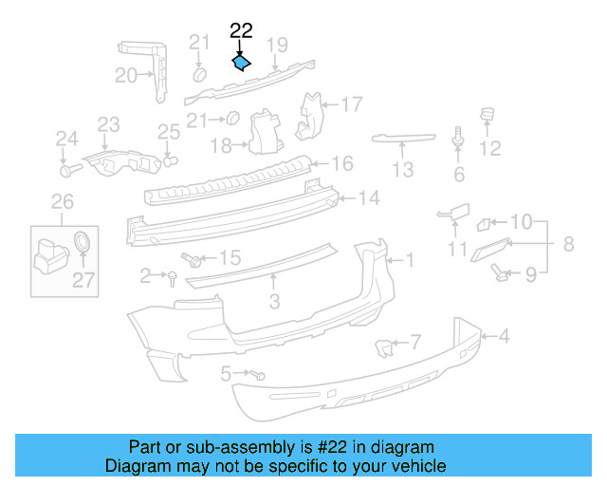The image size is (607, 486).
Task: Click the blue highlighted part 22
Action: (x=241, y=64)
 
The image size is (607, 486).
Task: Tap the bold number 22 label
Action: (x=241, y=31)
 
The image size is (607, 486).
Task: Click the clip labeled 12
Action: (x=489, y=119)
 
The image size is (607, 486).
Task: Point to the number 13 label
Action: (x=403, y=170)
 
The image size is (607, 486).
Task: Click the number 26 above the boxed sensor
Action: (x=61, y=201)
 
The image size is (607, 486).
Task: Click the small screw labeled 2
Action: (x=172, y=276)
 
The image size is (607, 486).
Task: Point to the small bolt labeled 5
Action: (x=258, y=375)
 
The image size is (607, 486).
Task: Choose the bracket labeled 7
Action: (x=385, y=347)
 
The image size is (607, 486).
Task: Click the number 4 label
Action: (x=505, y=335)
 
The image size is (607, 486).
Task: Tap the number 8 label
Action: (x=568, y=244)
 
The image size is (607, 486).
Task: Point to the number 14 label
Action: (x=368, y=198)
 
